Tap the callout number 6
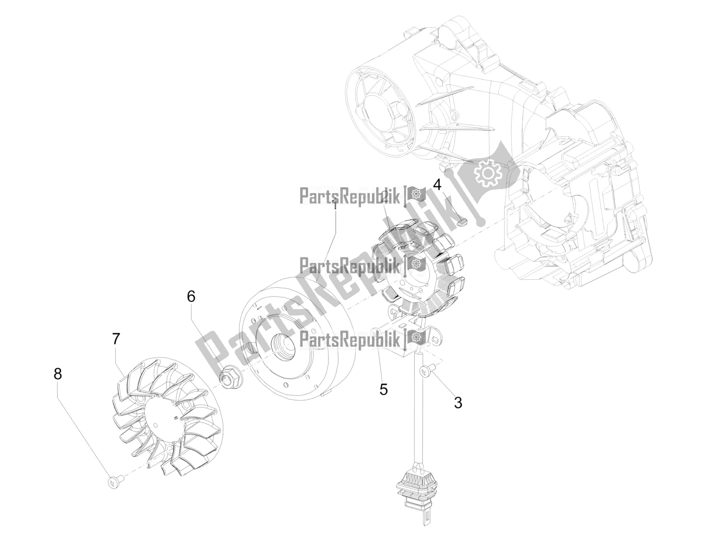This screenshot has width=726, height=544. (x=191, y=296)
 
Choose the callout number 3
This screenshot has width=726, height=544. (x=458, y=402)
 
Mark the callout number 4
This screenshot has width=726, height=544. (x=437, y=185)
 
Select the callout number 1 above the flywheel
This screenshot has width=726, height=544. (x=335, y=205)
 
